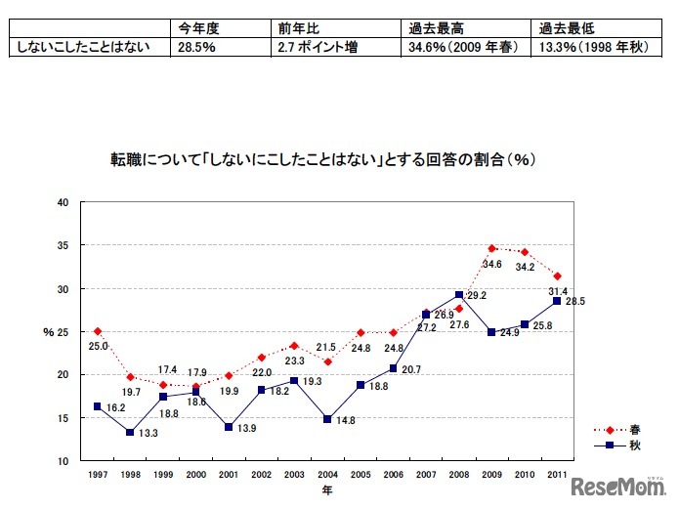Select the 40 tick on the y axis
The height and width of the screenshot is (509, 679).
[64, 202]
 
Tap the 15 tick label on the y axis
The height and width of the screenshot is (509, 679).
[64, 417]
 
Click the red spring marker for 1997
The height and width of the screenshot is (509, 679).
[98, 331]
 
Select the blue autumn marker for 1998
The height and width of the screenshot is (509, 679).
[131, 432]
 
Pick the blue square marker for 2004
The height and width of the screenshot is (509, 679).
[327, 419]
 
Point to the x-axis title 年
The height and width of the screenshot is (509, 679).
[327, 491]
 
